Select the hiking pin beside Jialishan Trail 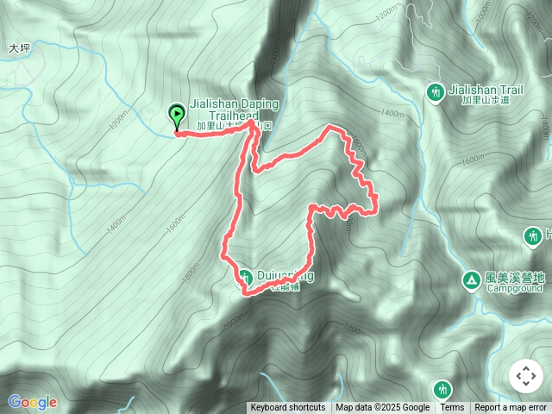pyautogui.click(x=436, y=91)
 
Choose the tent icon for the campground pyautogui.click(x=471, y=279)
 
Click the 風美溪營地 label pyautogui.click(x=516, y=278)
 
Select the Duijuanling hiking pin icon pyautogui.click(x=245, y=277)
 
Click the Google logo pyautogui.click(x=33, y=402)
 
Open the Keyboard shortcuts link pyautogui.click(x=288, y=408)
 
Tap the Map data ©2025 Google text pyautogui.click(x=383, y=408)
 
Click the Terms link pyautogui.click(x=452, y=408)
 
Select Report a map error pyautogui.click(x=512, y=408)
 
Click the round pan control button pyautogui.click(x=525, y=377)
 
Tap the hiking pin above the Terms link pyautogui.click(x=443, y=389)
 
